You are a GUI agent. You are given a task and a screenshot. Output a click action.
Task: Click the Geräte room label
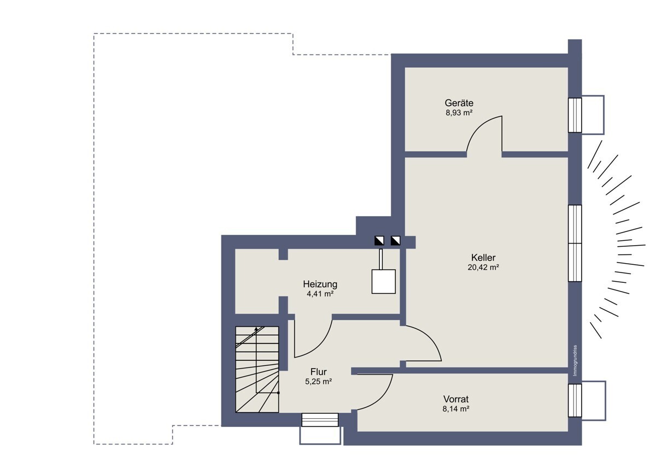[459, 103]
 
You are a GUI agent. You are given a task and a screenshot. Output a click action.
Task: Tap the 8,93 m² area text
[459, 112]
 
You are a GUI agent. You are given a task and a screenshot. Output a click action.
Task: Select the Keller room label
[483, 258]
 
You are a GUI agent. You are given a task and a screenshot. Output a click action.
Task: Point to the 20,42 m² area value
[483, 268]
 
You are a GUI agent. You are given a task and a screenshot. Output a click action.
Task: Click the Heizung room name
[320, 284]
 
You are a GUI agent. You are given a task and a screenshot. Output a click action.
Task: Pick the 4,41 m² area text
[320, 294]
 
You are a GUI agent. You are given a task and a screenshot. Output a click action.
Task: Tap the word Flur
[319, 372]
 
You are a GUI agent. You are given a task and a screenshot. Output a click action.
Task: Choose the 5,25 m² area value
[319, 382]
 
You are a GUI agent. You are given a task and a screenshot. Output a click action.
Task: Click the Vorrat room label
[456, 399]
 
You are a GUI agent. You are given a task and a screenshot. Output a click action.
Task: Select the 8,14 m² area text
[456, 409]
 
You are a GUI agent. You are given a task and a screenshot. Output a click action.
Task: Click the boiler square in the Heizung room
[384, 281]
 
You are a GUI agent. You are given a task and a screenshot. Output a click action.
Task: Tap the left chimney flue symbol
[379, 241]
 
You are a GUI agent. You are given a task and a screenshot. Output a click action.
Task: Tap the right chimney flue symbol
[396, 241]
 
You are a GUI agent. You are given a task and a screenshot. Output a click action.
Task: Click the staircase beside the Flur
[257, 370]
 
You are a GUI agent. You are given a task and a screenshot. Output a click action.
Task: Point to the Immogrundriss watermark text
[575, 361]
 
